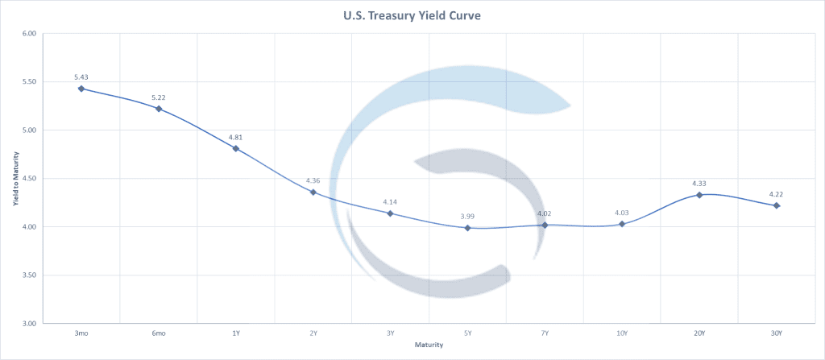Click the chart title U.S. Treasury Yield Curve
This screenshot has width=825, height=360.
pyautogui.click(x=412, y=14)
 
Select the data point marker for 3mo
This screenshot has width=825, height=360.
pyautogui.click(x=81, y=89)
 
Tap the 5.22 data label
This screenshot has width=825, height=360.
pyautogui.click(x=159, y=97)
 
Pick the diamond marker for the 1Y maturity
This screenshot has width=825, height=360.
pyautogui.click(x=236, y=148)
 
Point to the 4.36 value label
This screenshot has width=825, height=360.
pyautogui.click(x=313, y=180)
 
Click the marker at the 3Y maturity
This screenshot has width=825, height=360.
pyautogui.click(x=390, y=213)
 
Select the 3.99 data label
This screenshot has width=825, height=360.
pyautogui.click(x=467, y=217)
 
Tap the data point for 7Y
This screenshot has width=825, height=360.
pyautogui.click(x=545, y=225)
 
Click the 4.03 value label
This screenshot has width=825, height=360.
pyautogui.click(x=622, y=213)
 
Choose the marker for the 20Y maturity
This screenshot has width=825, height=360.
pyautogui.click(x=699, y=195)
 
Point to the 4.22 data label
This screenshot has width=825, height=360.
pyautogui.click(x=777, y=194)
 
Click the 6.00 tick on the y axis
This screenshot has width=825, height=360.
pyautogui.click(x=30, y=34)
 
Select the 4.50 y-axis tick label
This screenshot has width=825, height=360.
pyautogui.click(x=30, y=179)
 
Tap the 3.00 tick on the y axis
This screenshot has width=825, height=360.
pyautogui.click(x=30, y=324)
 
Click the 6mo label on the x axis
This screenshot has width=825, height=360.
pyautogui.click(x=159, y=333)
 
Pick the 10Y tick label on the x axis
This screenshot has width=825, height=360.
pyautogui.click(x=622, y=333)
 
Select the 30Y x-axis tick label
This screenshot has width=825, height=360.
pyautogui.click(x=777, y=333)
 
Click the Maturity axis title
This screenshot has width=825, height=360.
pyautogui.click(x=429, y=346)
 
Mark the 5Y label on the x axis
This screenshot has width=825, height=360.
pyautogui.click(x=467, y=333)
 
